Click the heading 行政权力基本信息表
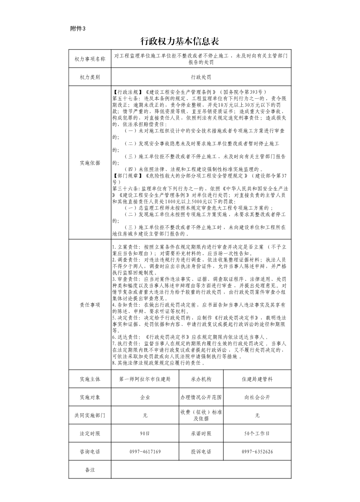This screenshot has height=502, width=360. (x=180, y=42)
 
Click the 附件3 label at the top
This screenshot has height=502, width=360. (x=78, y=29)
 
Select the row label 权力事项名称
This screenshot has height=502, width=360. (x=89, y=59)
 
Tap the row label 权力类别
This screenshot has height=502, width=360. (x=89, y=77)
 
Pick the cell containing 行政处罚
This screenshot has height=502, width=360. (x=200, y=77)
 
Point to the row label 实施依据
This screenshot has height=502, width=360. (x=89, y=162)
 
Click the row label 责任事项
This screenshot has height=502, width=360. (x=89, y=305)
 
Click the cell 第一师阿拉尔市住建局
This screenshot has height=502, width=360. (x=145, y=379)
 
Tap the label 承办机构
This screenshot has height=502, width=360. (x=201, y=379)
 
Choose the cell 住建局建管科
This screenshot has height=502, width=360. (x=257, y=379)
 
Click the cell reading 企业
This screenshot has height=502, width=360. (x=145, y=397)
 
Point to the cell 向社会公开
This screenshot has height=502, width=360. (x=257, y=397)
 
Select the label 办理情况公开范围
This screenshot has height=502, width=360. (x=201, y=397)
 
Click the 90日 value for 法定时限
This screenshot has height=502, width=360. (x=145, y=434)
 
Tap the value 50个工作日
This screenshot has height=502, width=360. (x=257, y=434)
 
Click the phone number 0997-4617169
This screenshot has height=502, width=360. (x=145, y=452)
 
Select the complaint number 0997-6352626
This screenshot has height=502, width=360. (x=257, y=452)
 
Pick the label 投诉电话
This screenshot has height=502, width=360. (x=201, y=452)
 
